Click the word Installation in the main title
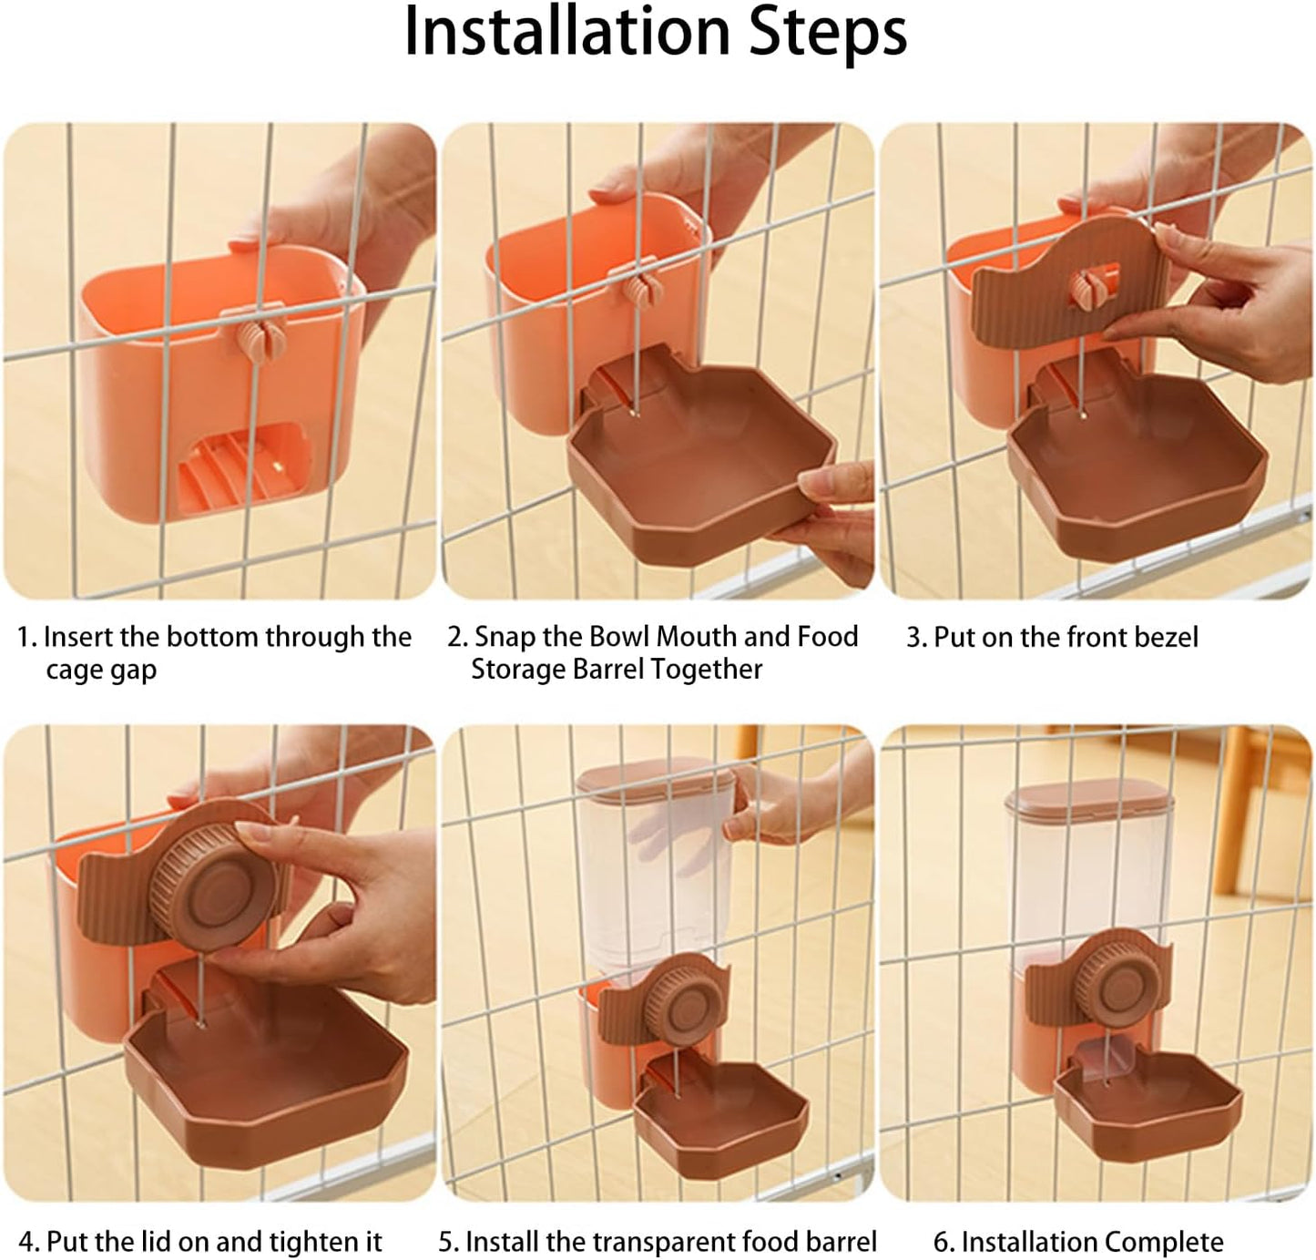(566, 32)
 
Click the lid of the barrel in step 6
(1088, 798)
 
